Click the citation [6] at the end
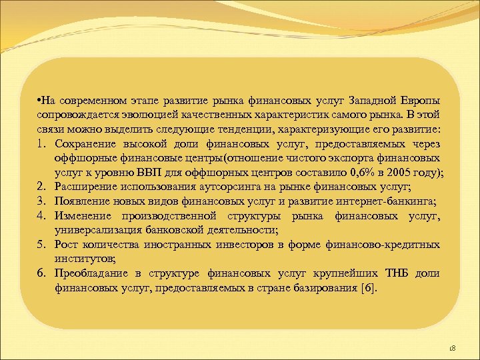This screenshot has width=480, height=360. tap(367, 288)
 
